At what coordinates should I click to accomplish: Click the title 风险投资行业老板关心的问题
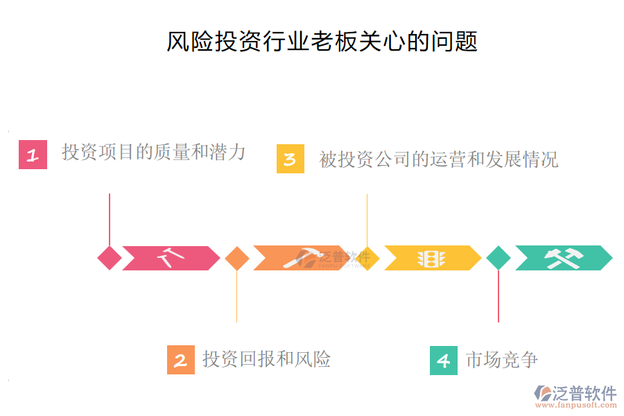pyautogui.click(x=322, y=41)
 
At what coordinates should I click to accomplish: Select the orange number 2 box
pyautogui.click(x=181, y=361)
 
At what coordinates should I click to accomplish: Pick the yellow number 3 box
pyautogui.click(x=290, y=159)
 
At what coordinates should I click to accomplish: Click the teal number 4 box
pyautogui.click(x=444, y=361)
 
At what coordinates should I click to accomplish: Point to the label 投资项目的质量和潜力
pyautogui.click(x=153, y=152)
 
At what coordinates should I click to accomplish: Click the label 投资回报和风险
pyautogui.click(x=266, y=359)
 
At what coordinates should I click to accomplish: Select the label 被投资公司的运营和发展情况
pyautogui.click(x=438, y=159)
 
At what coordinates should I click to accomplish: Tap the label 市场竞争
pyautogui.click(x=501, y=360)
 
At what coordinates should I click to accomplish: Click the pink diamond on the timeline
pyautogui.click(x=110, y=258)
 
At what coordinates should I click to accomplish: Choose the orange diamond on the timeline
pyautogui.click(x=237, y=258)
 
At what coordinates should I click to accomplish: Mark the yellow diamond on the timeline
pyautogui.click(x=367, y=258)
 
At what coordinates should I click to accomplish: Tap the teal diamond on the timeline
pyautogui.click(x=499, y=258)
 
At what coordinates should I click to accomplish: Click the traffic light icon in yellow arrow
pyautogui.click(x=431, y=258)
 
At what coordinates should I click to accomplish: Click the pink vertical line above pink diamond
pyautogui.click(x=110, y=218)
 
